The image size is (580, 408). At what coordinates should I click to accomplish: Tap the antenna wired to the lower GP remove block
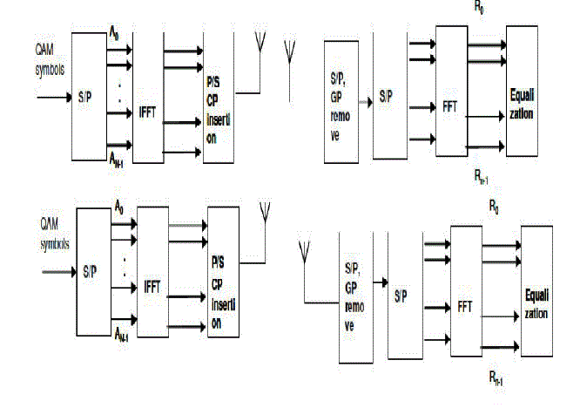(x=304, y=253)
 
